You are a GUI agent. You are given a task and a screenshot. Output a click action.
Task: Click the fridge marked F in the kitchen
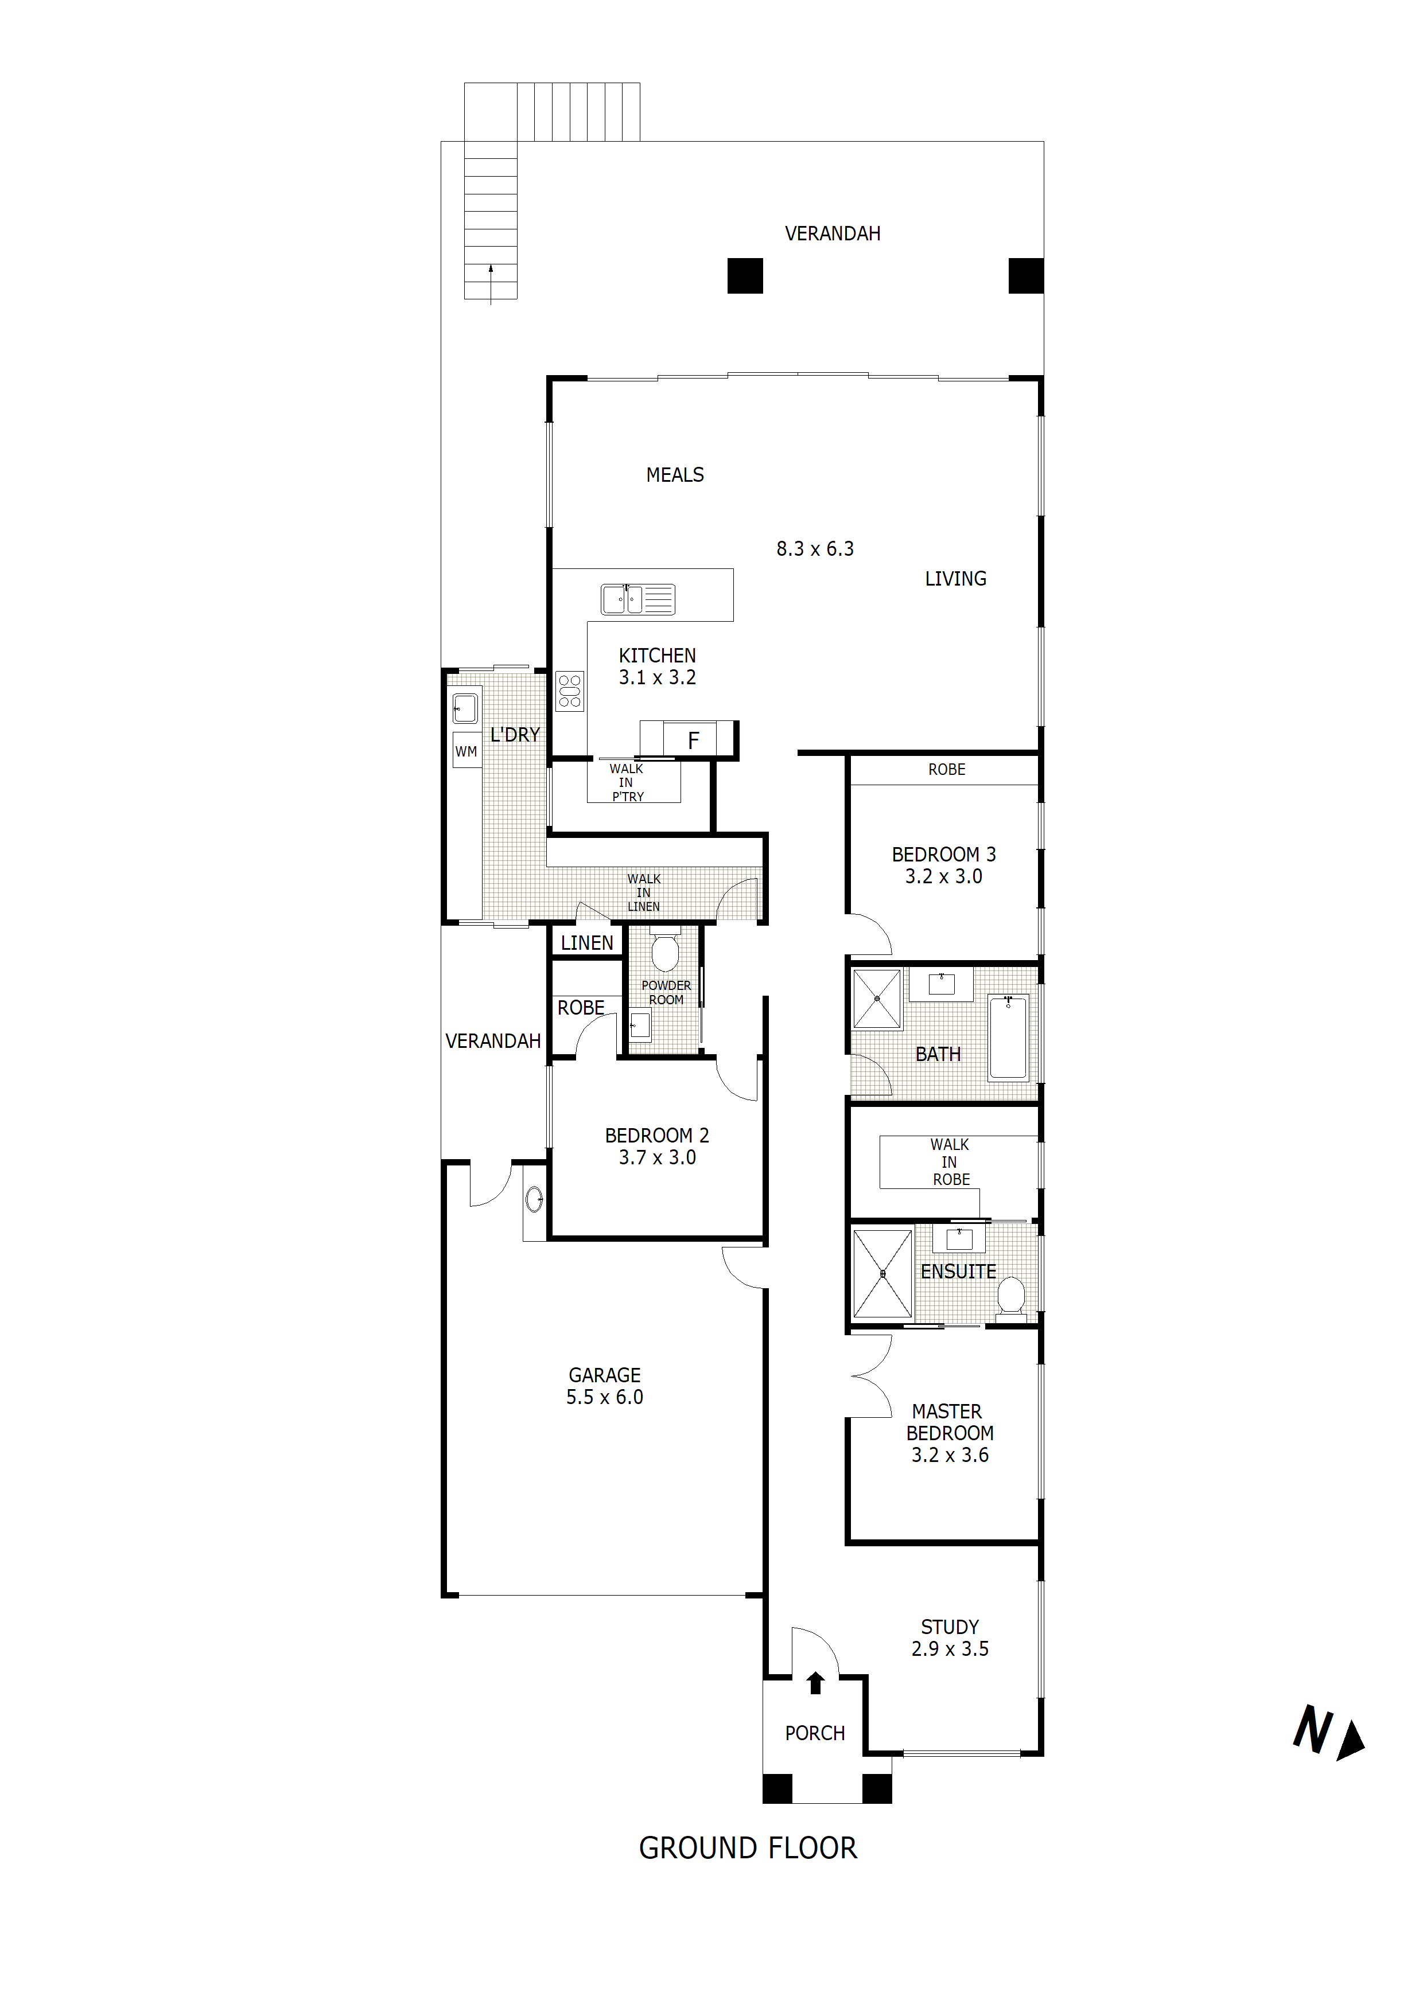(x=693, y=740)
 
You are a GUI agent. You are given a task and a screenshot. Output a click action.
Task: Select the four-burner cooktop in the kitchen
(x=570, y=691)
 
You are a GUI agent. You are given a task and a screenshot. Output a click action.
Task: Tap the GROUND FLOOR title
(x=747, y=1848)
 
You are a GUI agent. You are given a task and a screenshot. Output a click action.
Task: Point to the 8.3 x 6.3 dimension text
(x=815, y=548)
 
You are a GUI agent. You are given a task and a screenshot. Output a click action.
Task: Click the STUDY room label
(x=950, y=1627)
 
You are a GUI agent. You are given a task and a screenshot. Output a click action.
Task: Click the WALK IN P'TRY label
(x=627, y=782)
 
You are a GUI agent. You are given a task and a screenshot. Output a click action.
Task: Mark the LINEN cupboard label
(x=586, y=943)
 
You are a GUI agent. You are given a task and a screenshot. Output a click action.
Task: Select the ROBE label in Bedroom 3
(x=946, y=769)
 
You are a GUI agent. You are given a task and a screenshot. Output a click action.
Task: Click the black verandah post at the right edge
(x=1025, y=276)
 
